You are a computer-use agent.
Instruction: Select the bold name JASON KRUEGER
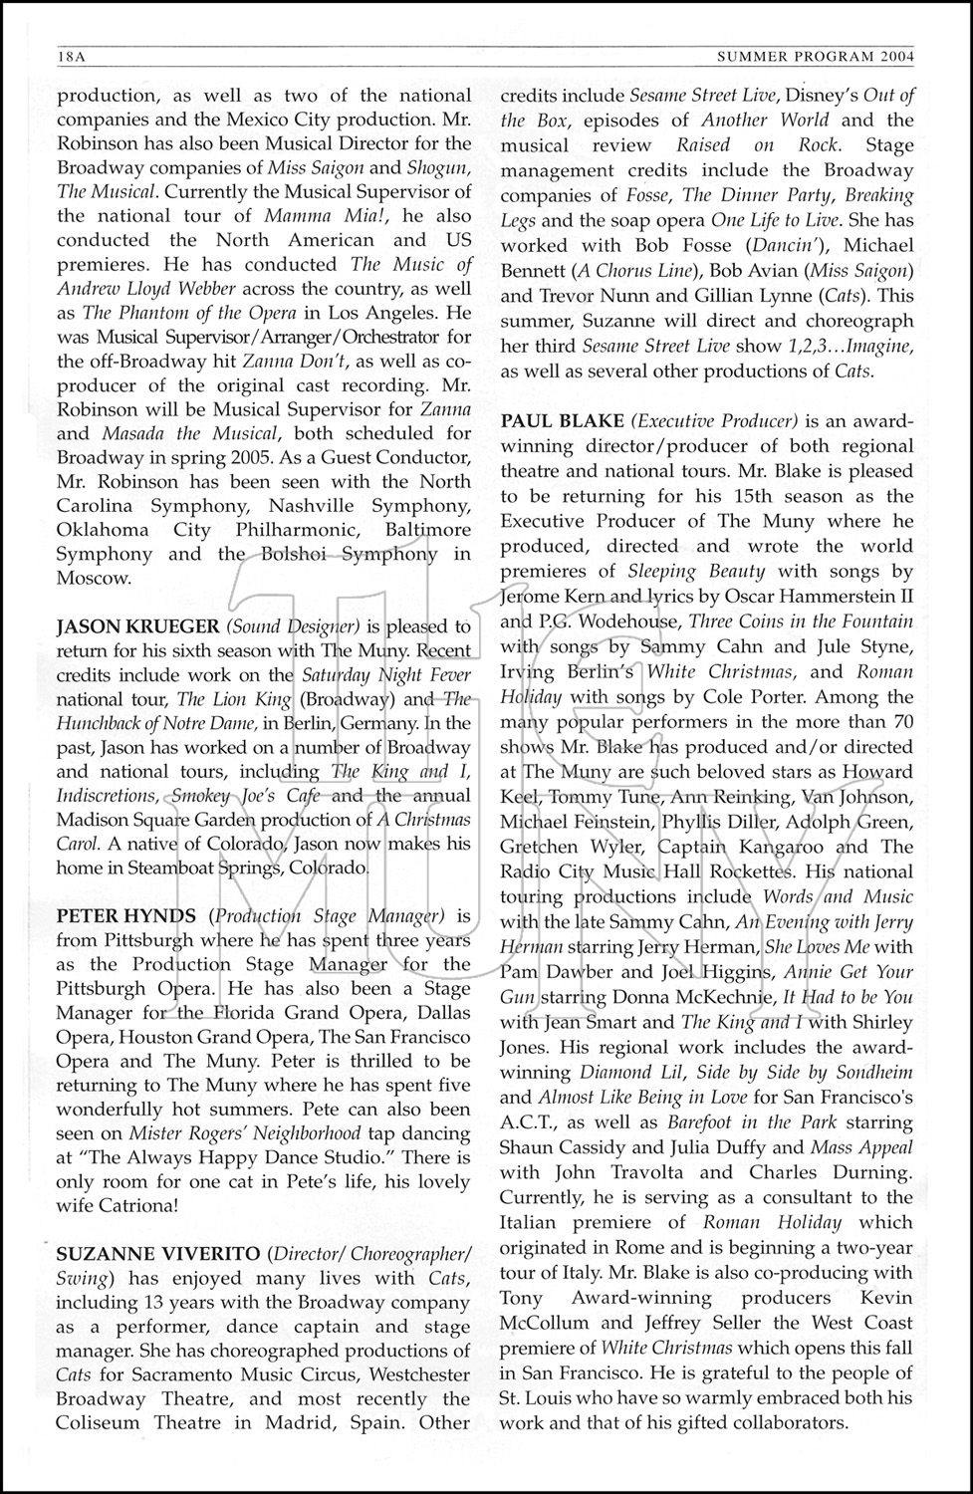click(136, 626)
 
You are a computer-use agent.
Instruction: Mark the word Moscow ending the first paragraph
click(92, 578)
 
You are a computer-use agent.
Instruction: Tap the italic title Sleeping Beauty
click(696, 571)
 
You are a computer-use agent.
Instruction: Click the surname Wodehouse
click(593, 621)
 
